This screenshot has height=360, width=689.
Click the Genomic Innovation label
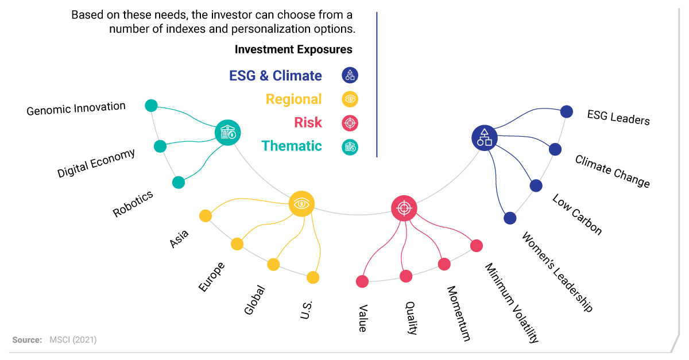pyautogui.click(x=76, y=109)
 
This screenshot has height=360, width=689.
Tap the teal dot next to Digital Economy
pyautogui.click(x=160, y=146)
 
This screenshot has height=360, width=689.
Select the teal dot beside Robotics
pyautogui.click(x=179, y=183)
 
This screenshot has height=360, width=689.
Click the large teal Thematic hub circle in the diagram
pyautogui.click(x=227, y=133)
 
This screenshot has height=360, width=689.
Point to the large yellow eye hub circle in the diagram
pyautogui.click(x=301, y=204)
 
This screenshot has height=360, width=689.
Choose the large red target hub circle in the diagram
pyautogui.click(x=404, y=208)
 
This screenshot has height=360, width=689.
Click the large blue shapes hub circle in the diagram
pyautogui.click(x=485, y=138)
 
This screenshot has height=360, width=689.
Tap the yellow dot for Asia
pyautogui.click(x=206, y=216)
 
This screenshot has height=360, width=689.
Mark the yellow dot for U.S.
pyautogui.click(x=313, y=277)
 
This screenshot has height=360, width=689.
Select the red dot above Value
pyautogui.click(x=362, y=281)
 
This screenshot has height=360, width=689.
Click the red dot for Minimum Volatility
pyautogui.click(x=477, y=246)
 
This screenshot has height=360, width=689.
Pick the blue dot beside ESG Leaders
pyautogui.click(x=567, y=111)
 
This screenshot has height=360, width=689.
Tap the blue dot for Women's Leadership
pyautogui.click(x=510, y=218)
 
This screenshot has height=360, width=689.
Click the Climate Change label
pyautogui.click(x=613, y=171)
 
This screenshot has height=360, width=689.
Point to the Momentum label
pyautogui.click(x=459, y=313)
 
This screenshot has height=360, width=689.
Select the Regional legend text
pyautogui.click(x=294, y=99)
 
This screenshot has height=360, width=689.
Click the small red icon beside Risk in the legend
pyautogui.click(x=350, y=123)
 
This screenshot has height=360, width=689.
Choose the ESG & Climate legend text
pyautogui.click(x=276, y=76)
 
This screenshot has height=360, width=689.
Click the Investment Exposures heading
pyautogui.click(x=293, y=49)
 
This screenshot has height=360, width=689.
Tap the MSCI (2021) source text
pyautogui.click(x=73, y=340)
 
